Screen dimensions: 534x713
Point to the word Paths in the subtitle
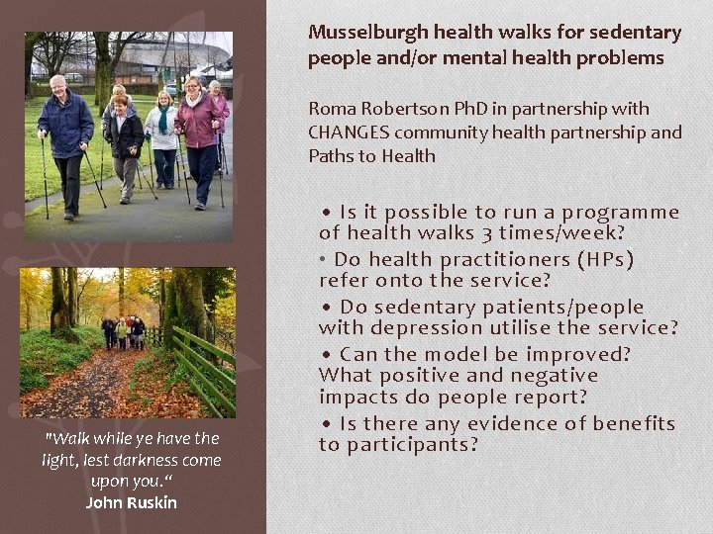[x=329, y=155]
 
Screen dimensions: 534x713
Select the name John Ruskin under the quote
[x=131, y=502]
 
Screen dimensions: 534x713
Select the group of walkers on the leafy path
[x=124, y=333]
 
